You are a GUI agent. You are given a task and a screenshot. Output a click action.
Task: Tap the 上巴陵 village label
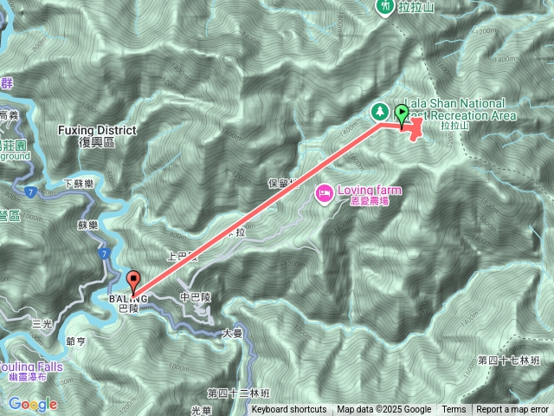182,257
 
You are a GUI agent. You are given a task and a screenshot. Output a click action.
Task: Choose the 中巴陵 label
196,297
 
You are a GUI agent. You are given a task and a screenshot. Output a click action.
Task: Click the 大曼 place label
232,332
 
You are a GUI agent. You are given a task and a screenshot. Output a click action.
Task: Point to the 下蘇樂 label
79,184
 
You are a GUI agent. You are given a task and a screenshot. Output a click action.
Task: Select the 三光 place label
42,323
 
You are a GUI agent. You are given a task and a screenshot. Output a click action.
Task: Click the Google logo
33,404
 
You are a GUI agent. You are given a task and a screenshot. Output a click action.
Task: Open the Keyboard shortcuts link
289,410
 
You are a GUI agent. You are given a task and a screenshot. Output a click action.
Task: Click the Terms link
454,410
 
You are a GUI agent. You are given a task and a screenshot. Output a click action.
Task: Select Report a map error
513,410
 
